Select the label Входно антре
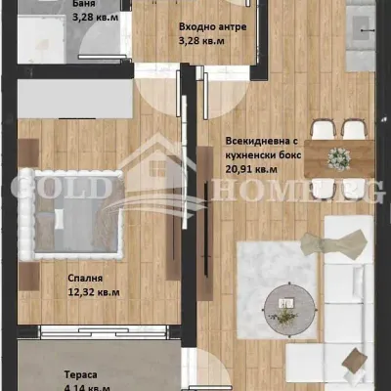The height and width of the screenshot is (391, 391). click(x=212, y=28)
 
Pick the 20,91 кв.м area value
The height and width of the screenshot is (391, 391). click(x=253, y=168)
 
